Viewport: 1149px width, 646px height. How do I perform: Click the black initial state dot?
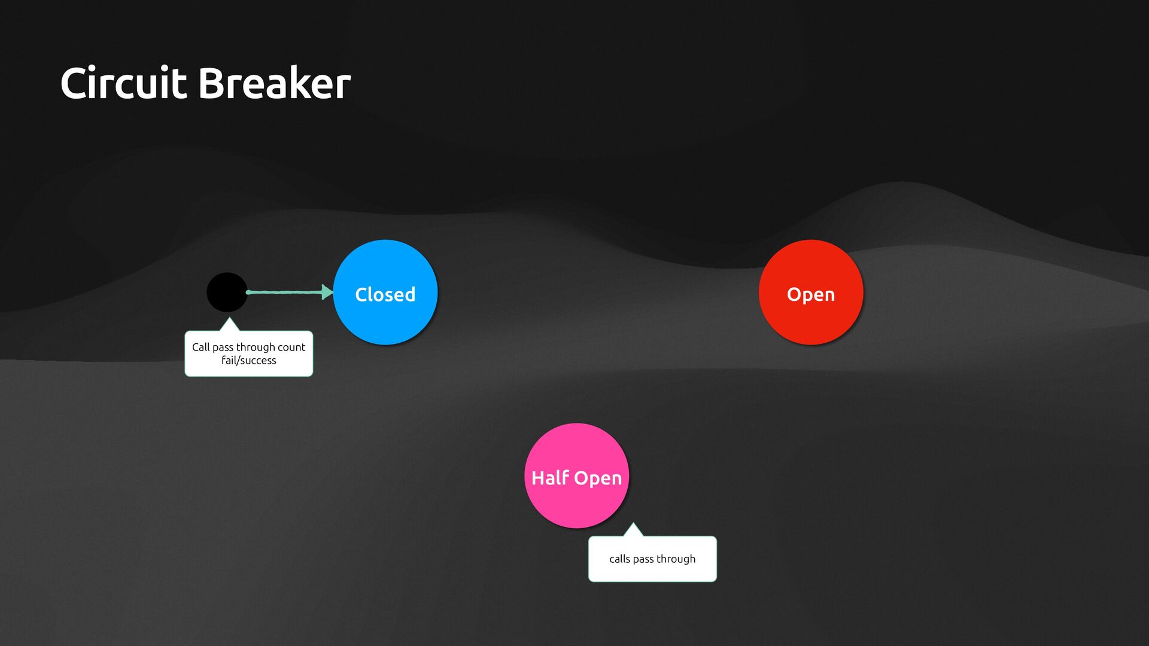227,292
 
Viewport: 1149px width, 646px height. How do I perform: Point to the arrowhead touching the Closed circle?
327,292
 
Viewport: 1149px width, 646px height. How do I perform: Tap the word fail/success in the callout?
248,361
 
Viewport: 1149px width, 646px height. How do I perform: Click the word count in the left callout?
291,347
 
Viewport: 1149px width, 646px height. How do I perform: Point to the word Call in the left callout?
200,347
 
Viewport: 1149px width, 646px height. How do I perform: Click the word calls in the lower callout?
619,559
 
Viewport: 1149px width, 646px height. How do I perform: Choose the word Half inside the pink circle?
550,478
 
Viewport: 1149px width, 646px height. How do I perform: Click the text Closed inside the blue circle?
385,294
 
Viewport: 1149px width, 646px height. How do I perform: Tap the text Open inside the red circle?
811,294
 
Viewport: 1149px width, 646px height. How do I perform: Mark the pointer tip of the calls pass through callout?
633,525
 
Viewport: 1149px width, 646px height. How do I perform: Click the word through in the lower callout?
676,559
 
